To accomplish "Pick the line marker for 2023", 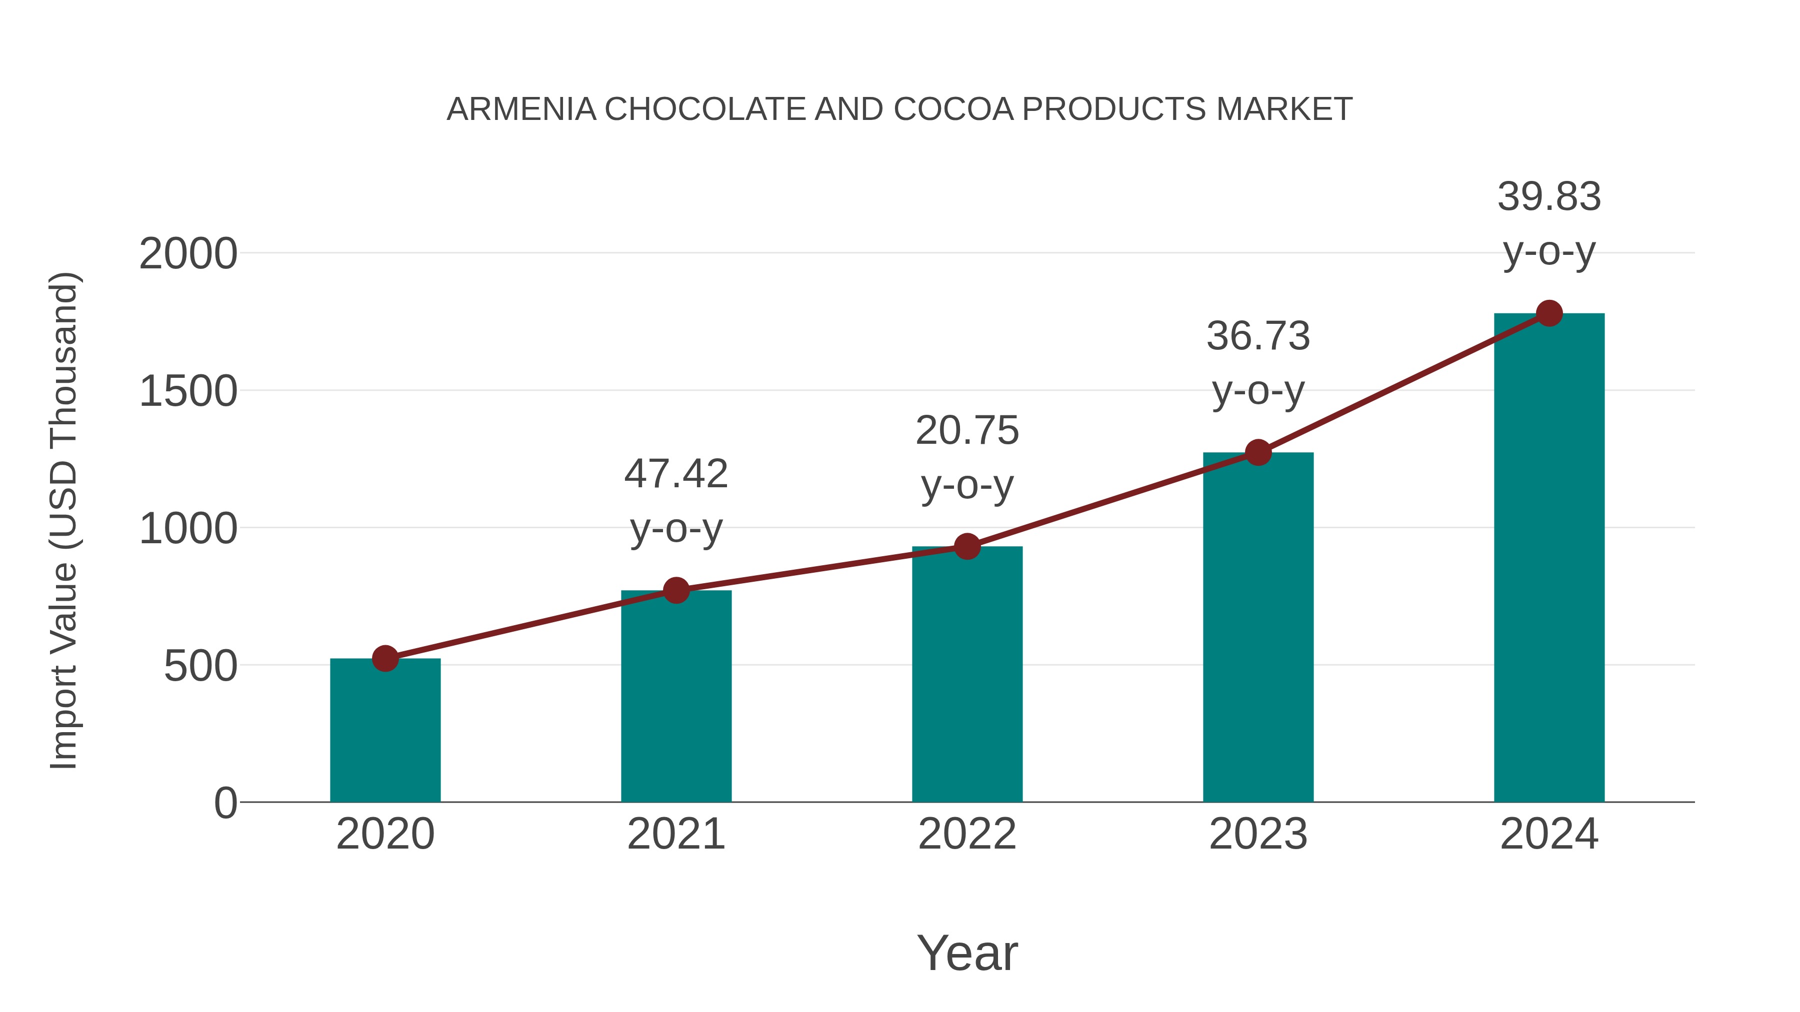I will pyautogui.click(x=1258, y=453).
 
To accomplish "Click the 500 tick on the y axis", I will pyautogui.click(x=200, y=666).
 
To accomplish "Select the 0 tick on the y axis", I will pyautogui.click(x=225, y=803).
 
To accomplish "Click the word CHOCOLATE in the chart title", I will pyautogui.click(x=705, y=109).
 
